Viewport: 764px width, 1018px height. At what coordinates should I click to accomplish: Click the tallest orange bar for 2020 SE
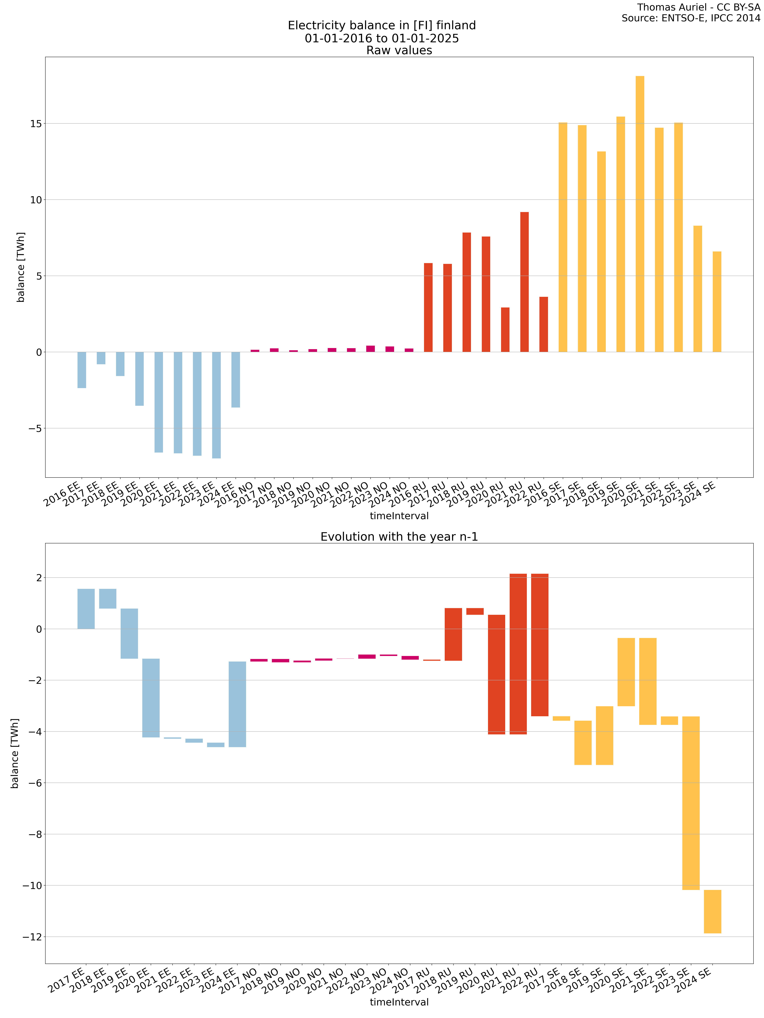coord(640,214)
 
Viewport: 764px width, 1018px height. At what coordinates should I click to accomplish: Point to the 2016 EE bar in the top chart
coord(81,370)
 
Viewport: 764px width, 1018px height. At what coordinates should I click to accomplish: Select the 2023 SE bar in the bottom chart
coord(691,803)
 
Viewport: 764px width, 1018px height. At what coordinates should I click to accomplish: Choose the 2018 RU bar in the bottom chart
coord(453,634)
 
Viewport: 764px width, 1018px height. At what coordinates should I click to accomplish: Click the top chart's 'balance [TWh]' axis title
coord(21,267)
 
